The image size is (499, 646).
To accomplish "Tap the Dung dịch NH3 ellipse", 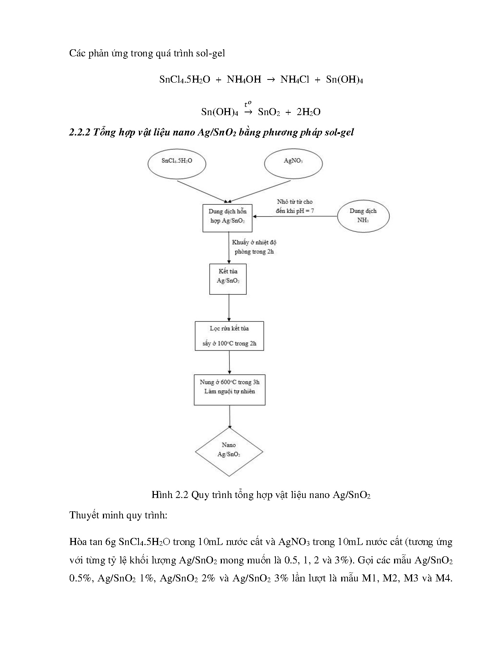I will click(x=363, y=216).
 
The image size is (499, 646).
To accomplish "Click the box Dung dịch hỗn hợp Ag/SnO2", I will click(x=227, y=216).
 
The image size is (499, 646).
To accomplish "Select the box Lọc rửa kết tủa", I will click(x=229, y=336).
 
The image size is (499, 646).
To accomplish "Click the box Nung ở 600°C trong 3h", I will click(x=229, y=390).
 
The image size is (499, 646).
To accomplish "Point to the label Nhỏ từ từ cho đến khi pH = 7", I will click(x=295, y=206).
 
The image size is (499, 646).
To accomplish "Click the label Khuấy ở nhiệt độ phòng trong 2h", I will click(x=254, y=247).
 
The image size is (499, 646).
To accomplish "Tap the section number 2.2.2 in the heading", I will click(x=80, y=132).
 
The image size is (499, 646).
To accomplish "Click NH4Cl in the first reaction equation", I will click(x=295, y=79).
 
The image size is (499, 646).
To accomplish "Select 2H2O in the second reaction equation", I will click(x=308, y=112).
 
